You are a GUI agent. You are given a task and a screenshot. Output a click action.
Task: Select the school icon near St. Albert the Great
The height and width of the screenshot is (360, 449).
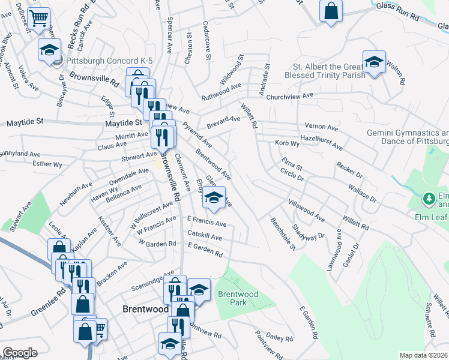[x=374, y=62]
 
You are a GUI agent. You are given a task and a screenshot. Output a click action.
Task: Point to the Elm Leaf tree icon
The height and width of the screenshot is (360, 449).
[x=429, y=197]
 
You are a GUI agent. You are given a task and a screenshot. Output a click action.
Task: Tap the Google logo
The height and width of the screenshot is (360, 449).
[x=20, y=353]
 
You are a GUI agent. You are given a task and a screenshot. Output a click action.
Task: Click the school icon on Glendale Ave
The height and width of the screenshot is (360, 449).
[x=214, y=197]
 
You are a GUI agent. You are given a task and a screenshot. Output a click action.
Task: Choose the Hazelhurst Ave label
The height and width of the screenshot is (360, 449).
[x=321, y=142]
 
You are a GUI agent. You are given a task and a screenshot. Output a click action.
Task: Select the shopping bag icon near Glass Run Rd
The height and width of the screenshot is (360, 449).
[x=331, y=11]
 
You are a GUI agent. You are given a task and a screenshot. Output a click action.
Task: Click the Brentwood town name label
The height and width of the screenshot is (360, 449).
[x=145, y=309]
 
